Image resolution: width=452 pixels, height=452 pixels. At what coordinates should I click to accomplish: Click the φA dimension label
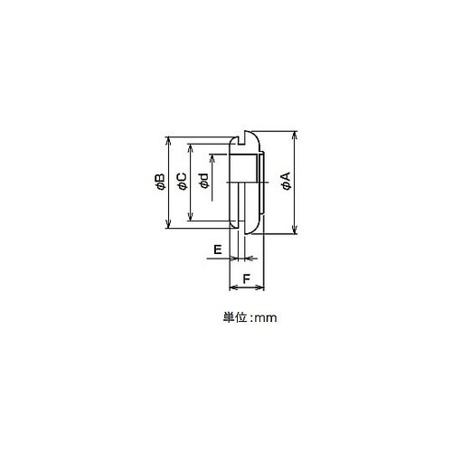click(x=287, y=181)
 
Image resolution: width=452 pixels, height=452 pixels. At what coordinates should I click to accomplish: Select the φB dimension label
click(x=160, y=182)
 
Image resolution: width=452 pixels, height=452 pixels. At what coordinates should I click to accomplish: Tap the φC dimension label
click(x=183, y=182)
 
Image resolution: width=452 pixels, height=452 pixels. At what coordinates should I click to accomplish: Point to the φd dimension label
click(x=204, y=181)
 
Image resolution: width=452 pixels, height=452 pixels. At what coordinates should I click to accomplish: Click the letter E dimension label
click(x=218, y=250)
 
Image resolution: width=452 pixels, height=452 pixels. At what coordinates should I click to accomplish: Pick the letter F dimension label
click(x=247, y=279)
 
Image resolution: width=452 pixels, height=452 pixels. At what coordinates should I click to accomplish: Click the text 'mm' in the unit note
click(x=266, y=318)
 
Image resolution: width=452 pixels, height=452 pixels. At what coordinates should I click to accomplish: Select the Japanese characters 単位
click(x=235, y=317)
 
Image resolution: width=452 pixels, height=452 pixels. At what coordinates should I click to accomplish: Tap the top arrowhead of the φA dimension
click(x=296, y=135)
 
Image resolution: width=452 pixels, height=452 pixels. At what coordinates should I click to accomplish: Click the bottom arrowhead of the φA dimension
click(x=296, y=231)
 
